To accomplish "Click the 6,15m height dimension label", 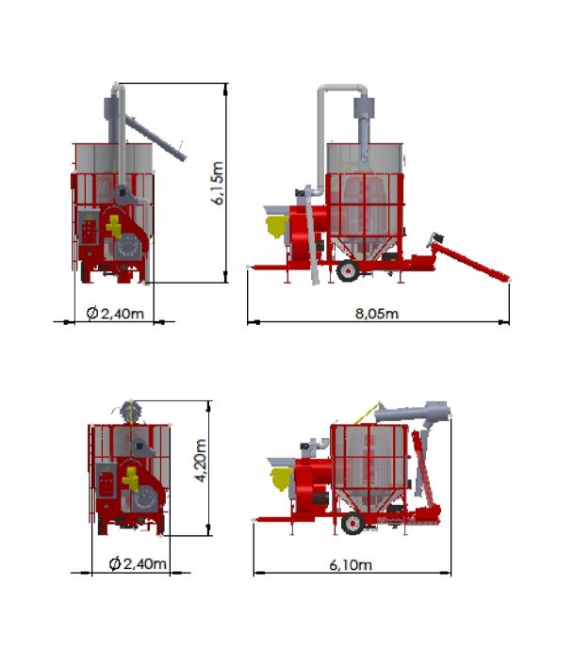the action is click(218, 183).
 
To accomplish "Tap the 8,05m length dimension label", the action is click(377, 314).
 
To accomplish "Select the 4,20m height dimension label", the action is click(201, 460).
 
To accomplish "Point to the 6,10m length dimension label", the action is click(351, 564).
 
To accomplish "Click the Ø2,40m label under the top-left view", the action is click(115, 313).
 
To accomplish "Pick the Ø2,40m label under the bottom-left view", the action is click(138, 563).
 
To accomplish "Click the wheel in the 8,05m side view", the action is click(348, 270).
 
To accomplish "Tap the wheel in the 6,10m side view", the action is click(353, 523).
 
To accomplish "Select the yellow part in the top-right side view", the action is click(276, 227).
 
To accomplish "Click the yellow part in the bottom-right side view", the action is click(282, 479).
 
